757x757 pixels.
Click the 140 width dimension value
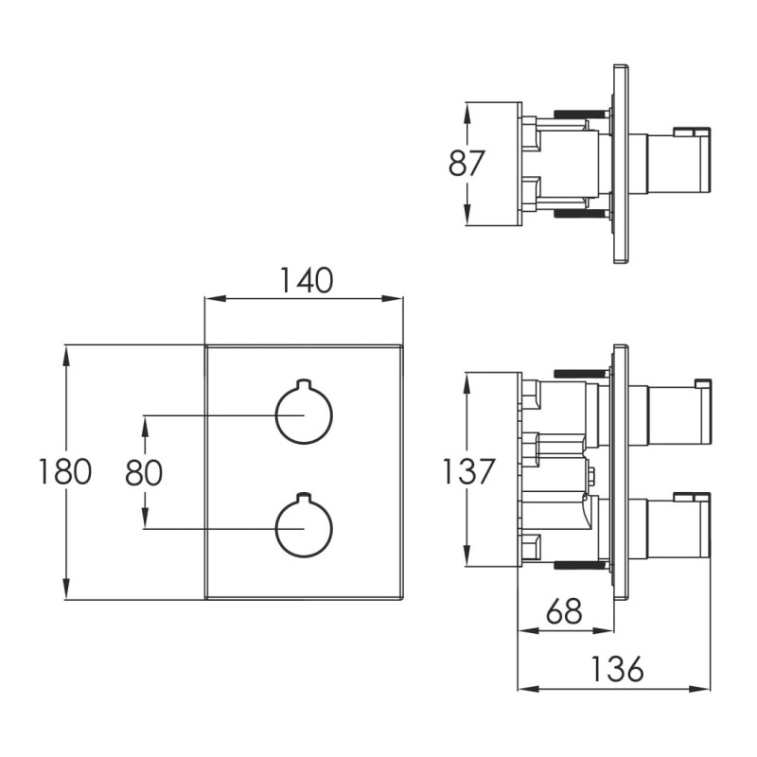coord(307,280)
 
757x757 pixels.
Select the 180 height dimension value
coord(64,471)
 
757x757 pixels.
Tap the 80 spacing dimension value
coord(144,472)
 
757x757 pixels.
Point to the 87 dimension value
coord(466,163)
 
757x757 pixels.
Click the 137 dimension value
coord(468,471)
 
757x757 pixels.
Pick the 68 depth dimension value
coord(564,610)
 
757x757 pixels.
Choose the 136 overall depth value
coord(618,669)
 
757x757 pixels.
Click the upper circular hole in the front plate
coord(304,412)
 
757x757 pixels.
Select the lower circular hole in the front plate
coord(304,525)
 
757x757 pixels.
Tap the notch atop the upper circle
coord(304,384)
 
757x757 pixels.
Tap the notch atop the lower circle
coord(304,498)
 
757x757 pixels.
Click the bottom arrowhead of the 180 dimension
coord(66,589)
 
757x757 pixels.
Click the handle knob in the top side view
coord(678,163)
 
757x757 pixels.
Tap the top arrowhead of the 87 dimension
coord(467,113)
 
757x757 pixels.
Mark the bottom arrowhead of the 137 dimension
coord(467,555)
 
